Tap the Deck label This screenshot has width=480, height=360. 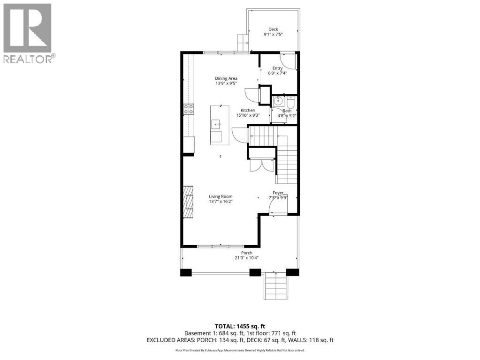273,29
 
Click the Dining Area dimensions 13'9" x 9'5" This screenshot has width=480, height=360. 226,83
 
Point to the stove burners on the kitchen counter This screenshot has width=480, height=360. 189,109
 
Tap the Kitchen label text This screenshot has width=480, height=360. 248,110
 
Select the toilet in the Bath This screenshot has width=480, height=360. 290,101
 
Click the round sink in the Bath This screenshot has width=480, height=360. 278,101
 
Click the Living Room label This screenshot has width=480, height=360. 221,196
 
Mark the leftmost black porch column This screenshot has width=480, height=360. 186,272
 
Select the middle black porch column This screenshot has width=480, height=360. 255,272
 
